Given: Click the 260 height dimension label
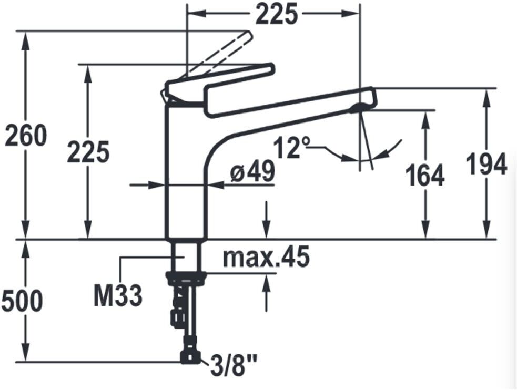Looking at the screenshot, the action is (x=26, y=136).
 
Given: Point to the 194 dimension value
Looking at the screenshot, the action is (x=486, y=163).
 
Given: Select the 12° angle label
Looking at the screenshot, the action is (x=291, y=147).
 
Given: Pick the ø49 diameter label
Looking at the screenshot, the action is (x=252, y=171).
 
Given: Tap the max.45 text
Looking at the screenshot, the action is (x=266, y=256).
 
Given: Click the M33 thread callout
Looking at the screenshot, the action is (x=118, y=295).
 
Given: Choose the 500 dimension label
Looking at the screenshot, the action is (x=23, y=301).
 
